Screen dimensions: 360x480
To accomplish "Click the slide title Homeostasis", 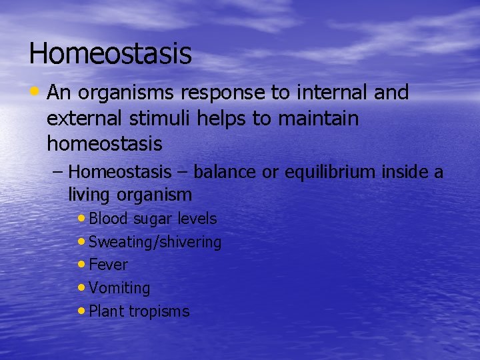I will (x=110, y=53).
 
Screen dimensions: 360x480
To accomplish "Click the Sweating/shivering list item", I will (x=155, y=242).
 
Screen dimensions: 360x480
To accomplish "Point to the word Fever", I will (x=108, y=265).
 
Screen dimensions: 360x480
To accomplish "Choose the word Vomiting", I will (x=119, y=288).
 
